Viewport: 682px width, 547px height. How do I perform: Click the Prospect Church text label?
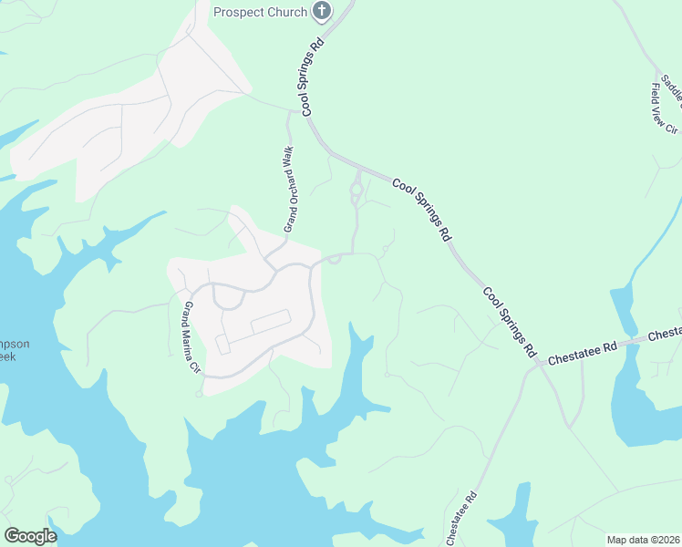[260, 11]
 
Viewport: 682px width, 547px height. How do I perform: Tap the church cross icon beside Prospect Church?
[321, 11]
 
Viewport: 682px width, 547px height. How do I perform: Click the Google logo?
[30, 536]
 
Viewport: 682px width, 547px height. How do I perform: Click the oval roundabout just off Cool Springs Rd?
[356, 191]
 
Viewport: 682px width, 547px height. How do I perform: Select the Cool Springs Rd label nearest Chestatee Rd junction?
[506, 320]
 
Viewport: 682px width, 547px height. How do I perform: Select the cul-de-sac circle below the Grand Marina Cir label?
[198, 396]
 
